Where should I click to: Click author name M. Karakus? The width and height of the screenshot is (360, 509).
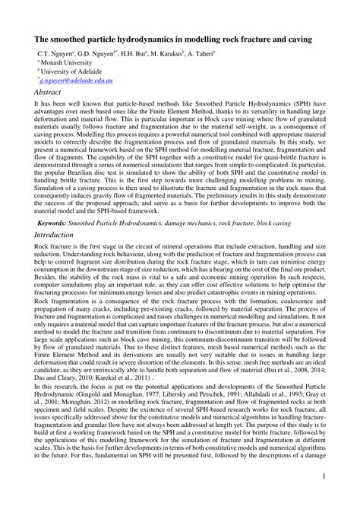[x=170, y=55]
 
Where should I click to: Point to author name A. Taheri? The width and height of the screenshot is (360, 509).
[x=214, y=55]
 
